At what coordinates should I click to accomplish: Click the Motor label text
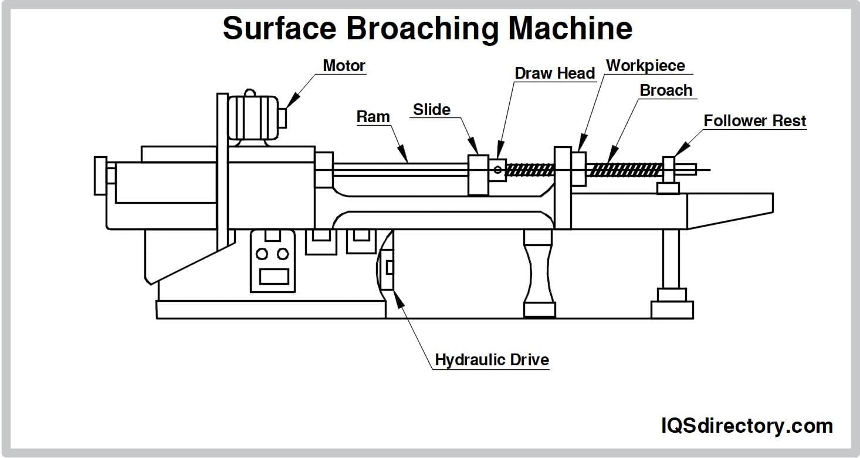click(344, 65)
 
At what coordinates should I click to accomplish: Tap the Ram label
click(373, 117)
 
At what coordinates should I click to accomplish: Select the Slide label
click(431, 110)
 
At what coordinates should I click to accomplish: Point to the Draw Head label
click(554, 73)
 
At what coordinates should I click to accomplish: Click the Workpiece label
click(645, 65)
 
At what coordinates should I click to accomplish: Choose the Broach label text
click(666, 90)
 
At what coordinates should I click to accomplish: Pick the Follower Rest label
click(754, 121)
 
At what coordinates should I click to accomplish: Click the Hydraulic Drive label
click(492, 359)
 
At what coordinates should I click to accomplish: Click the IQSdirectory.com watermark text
click(747, 425)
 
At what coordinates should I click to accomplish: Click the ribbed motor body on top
click(253, 117)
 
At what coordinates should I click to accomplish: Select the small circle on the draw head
click(497, 170)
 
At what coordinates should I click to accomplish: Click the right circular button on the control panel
click(283, 254)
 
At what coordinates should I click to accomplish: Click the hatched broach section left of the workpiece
click(530, 170)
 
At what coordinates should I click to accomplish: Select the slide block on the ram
click(478, 174)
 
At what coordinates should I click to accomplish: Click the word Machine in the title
click(570, 28)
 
